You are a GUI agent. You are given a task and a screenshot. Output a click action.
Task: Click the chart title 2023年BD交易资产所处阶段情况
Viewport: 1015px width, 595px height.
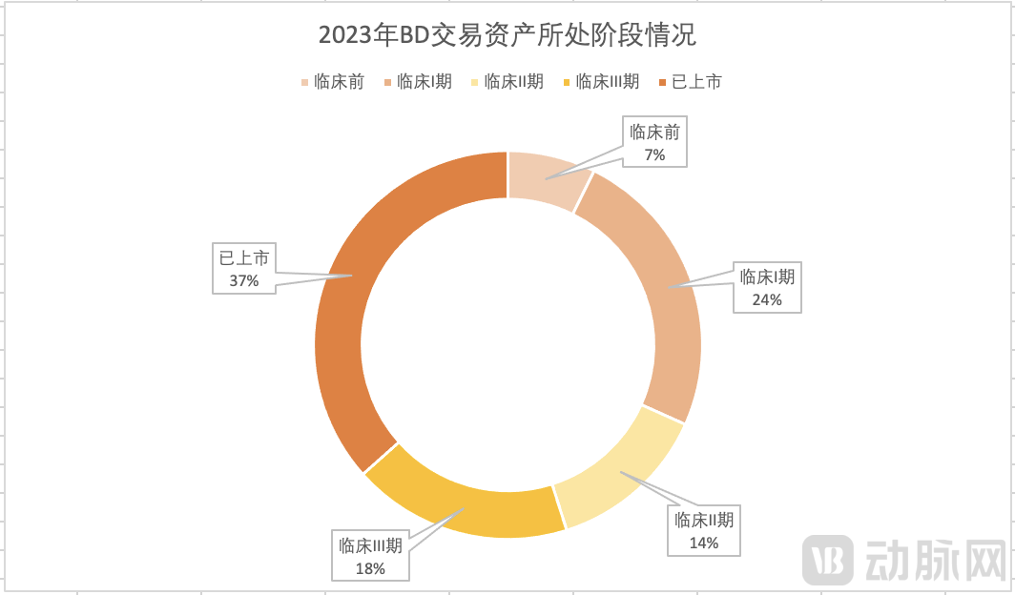point(507,36)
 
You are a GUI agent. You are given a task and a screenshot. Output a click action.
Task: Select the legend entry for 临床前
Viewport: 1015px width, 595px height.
point(333,82)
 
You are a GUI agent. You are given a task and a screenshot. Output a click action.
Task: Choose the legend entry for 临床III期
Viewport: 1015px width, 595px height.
point(601,82)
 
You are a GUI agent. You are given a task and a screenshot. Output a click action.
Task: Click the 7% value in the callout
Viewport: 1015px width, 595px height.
point(654,154)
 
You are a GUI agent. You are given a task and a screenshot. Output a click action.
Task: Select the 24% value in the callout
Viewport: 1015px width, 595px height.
point(767,299)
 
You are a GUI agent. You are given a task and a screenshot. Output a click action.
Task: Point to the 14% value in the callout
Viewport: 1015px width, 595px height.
point(703,543)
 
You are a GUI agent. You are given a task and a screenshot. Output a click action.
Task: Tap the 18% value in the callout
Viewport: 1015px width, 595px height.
point(370,568)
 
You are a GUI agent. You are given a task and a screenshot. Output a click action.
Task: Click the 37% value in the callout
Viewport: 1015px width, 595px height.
point(244,280)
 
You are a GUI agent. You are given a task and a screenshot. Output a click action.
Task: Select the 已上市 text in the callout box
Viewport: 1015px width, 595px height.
point(244,256)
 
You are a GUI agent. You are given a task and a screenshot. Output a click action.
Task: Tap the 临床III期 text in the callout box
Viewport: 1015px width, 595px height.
point(370,546)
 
